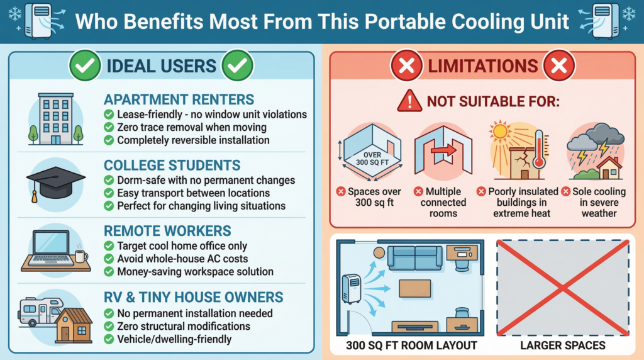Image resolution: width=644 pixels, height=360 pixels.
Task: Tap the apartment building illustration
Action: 56,119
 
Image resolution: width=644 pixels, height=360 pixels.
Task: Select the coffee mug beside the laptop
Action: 81,256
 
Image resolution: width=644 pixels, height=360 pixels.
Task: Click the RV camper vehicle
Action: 40,312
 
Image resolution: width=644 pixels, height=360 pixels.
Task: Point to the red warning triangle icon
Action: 409,101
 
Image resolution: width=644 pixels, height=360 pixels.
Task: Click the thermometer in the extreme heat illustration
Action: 539,149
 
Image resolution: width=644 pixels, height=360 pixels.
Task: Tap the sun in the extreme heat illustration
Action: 500,132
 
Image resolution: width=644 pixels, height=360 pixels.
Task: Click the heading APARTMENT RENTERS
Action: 179,99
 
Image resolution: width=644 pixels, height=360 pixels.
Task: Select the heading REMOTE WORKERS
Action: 167,231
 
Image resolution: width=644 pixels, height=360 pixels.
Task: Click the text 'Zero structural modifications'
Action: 184,326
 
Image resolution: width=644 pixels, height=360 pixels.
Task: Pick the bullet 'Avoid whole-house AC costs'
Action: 182,259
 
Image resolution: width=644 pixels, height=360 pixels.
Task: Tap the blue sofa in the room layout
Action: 415,257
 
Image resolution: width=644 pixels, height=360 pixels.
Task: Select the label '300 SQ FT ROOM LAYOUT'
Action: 411,346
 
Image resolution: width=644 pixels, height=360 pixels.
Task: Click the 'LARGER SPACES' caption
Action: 563,346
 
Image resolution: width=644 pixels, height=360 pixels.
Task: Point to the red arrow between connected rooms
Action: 443,150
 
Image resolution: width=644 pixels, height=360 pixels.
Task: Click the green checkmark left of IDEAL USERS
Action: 85,65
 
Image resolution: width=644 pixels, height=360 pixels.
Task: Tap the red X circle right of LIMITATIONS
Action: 558,65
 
